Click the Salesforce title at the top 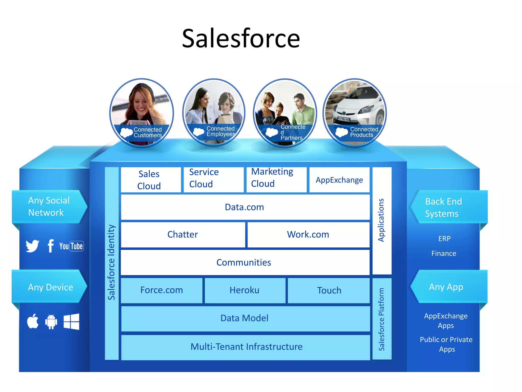241,38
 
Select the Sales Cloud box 151,180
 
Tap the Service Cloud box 213,179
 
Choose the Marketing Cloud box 276,179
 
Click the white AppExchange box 339,180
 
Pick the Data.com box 245,207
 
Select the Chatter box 182,235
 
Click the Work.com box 308,235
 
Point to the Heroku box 245,290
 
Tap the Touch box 329,290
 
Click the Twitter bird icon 32,246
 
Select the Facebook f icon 50,246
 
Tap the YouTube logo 71,246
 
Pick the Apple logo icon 33,321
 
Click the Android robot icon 51,322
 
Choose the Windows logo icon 71,322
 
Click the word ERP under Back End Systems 444,239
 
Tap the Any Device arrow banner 50,287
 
